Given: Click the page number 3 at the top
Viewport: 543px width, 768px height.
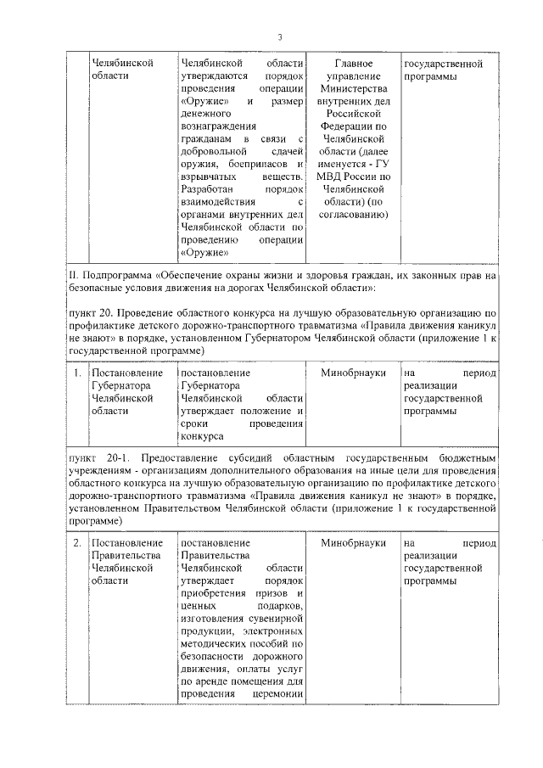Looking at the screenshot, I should [279, 36].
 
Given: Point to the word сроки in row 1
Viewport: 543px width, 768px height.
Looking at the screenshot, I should [197, 423].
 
